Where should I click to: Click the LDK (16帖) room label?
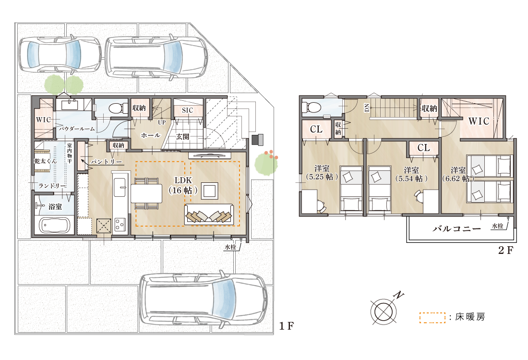point(183,185)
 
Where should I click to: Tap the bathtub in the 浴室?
point(55,225)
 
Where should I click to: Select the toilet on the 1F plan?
point(116,108)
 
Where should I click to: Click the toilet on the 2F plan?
point(311,108)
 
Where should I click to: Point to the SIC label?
point(188,110)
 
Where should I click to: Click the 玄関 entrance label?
point(182,137)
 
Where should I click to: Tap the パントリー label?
point(106,162)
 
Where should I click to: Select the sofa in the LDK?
point(209,215)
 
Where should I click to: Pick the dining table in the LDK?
point(146,193)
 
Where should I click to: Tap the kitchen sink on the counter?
point(120,187)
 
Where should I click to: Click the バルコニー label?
point(457,229)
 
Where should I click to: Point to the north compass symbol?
point(384,310)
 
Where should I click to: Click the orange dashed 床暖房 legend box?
point(432,318)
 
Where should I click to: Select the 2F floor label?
point(506,250)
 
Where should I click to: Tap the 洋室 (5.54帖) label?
point(411,174)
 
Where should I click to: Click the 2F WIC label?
point(479,121)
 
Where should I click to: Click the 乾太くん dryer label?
point(46,161)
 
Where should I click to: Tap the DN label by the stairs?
point(367,108)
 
